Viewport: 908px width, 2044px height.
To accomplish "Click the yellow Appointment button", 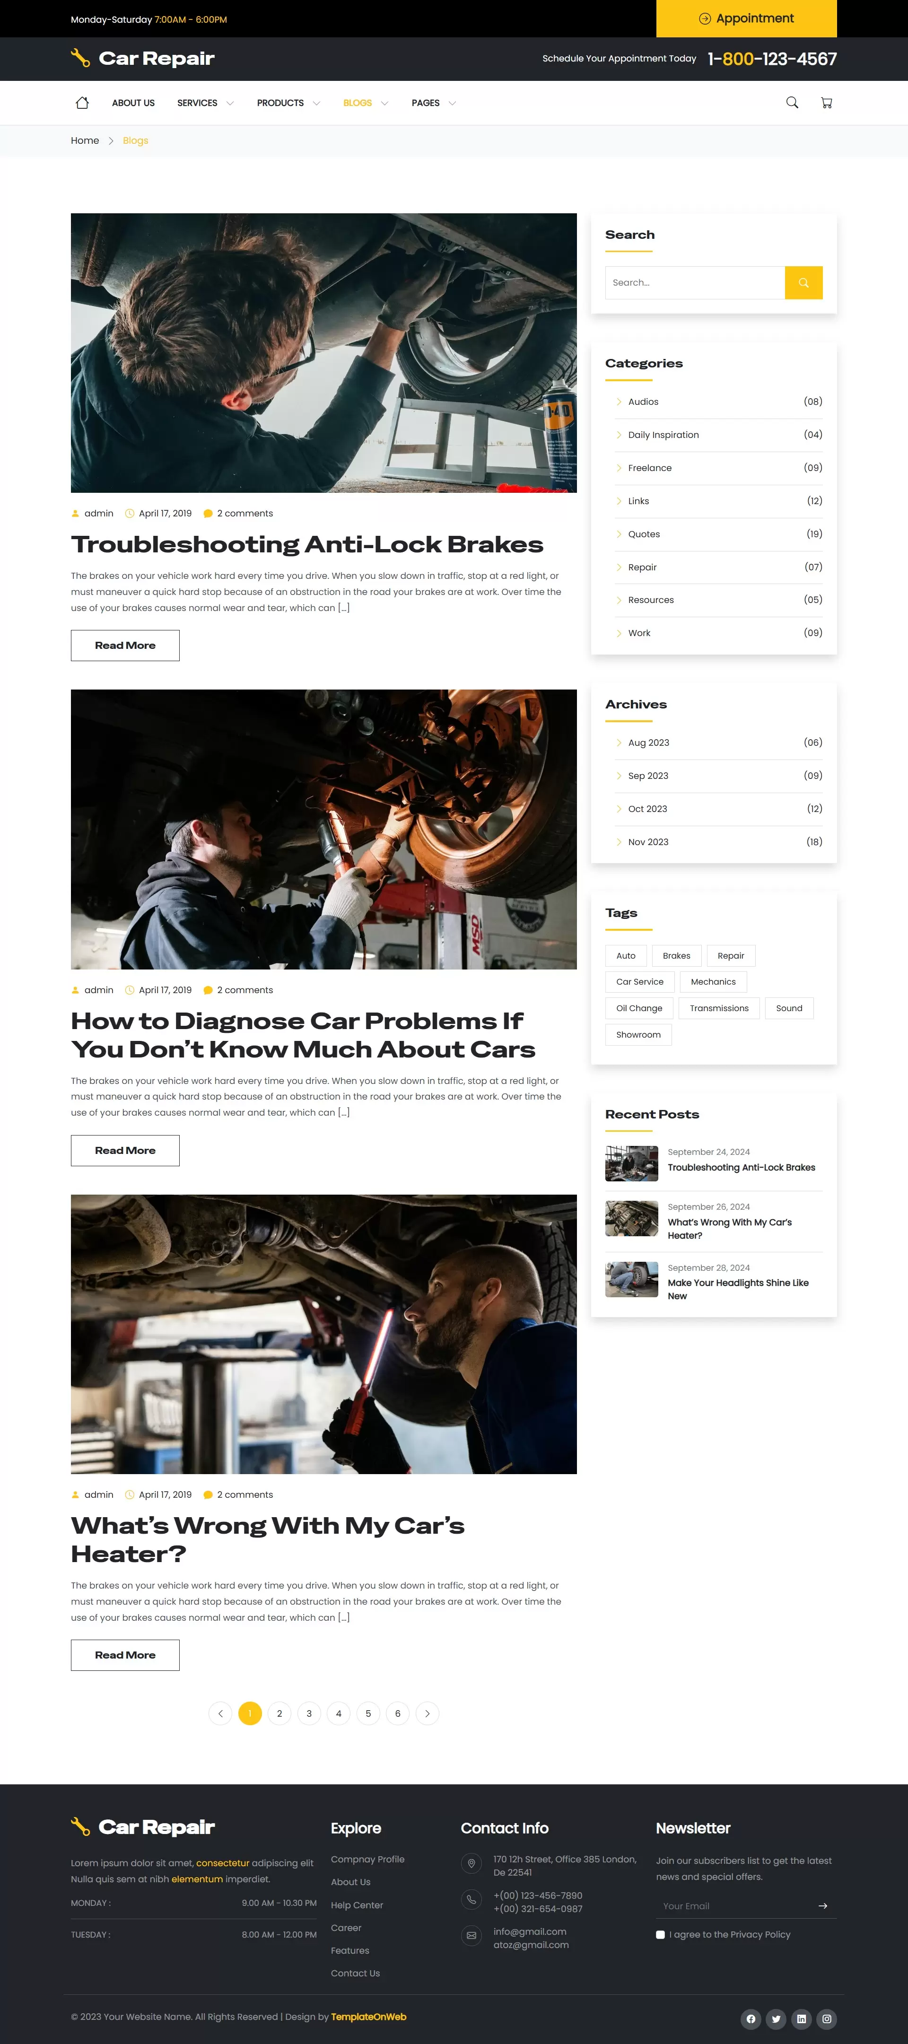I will coord(746,18).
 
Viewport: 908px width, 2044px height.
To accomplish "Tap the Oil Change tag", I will coord(639,1008).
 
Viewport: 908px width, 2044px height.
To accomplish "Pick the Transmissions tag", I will coord(718,1008).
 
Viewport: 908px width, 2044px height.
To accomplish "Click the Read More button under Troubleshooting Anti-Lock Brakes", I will coord(124,645).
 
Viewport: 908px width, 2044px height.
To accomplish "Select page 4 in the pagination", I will coord(338,1713).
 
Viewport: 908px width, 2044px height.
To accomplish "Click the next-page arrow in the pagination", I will coord(427,1713).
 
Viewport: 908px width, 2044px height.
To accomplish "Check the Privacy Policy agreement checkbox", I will coord(660,1934).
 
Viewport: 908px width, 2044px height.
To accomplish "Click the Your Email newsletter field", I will coord(734,1906).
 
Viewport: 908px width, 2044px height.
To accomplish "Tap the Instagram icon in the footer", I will coord(826,2018).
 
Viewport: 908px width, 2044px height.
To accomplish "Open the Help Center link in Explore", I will coord(357,1905).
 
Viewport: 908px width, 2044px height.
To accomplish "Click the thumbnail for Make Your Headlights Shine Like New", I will coord(631,1279).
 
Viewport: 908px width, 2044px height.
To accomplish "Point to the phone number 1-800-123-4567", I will coord(771,59).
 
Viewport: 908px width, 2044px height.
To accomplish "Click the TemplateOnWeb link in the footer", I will coord(368,2016).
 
